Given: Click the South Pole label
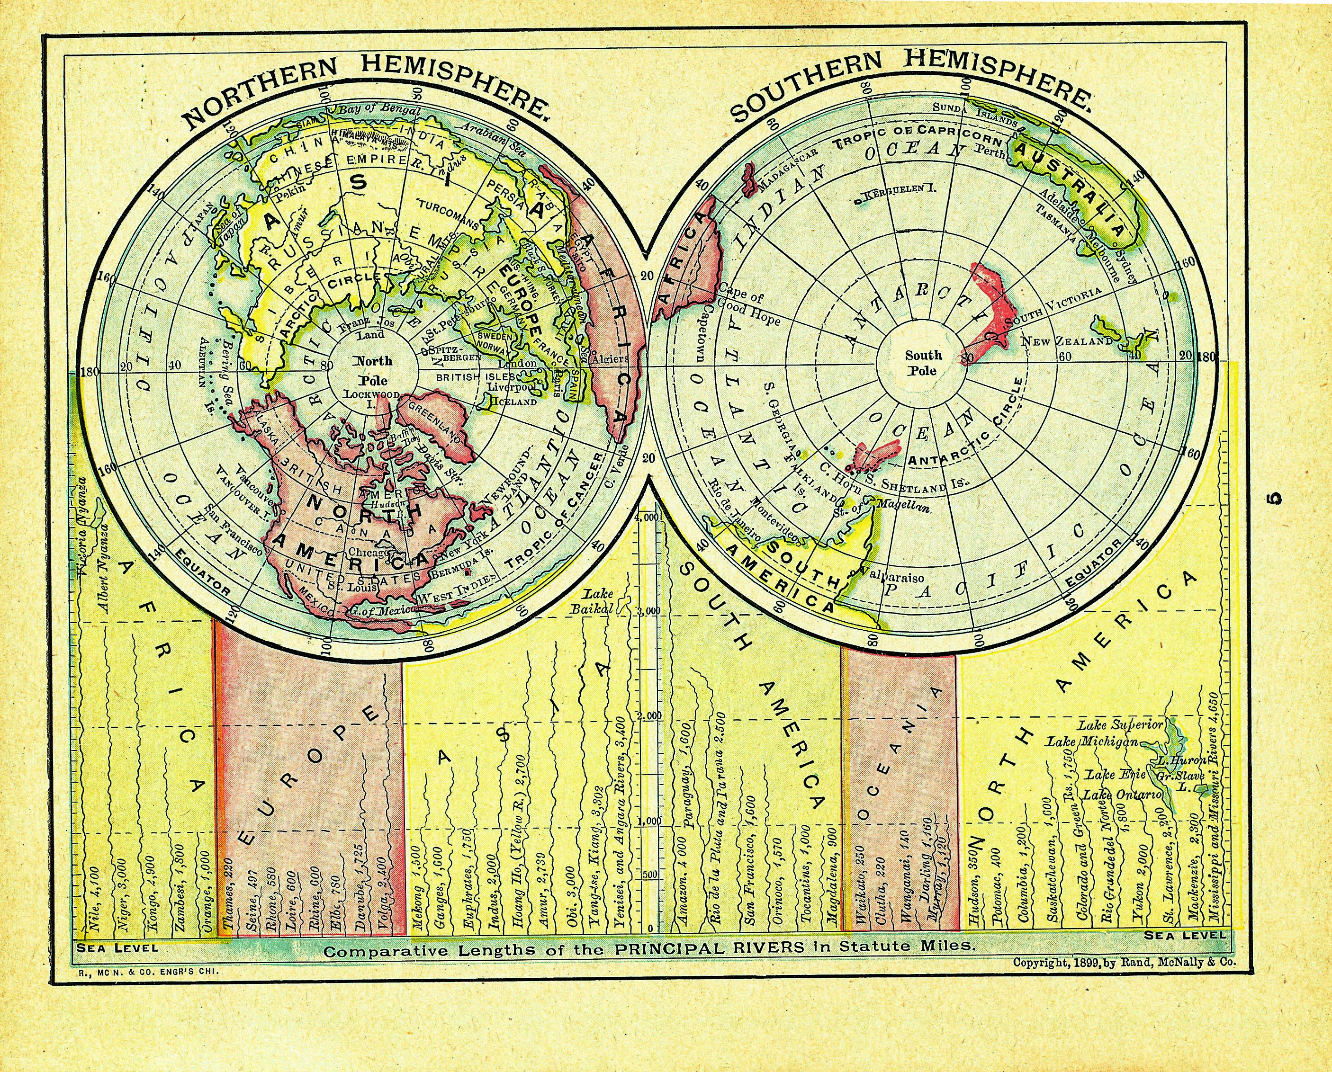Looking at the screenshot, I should [x=924, y=363].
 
